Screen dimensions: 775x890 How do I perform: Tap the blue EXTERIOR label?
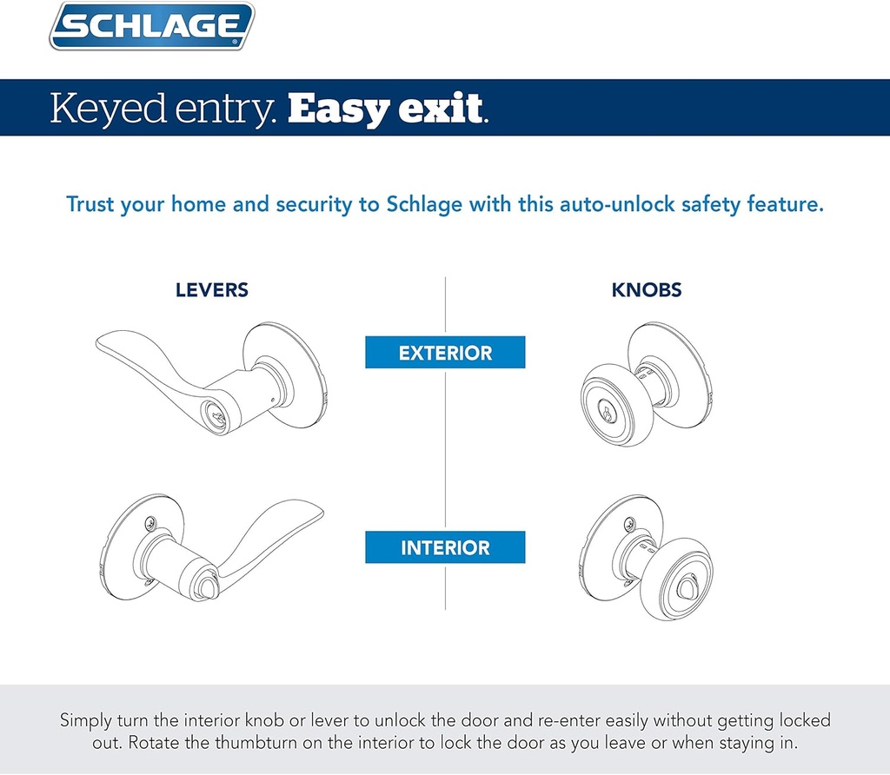pos(445,354)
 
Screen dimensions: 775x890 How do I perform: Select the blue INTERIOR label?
pos(445,548)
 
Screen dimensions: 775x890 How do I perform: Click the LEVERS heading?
pos(212,290)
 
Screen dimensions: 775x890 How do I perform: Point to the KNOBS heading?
pos(647,290)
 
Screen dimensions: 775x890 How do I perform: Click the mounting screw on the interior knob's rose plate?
pos(624,523)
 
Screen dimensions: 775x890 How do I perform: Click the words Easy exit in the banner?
pos(387,109)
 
